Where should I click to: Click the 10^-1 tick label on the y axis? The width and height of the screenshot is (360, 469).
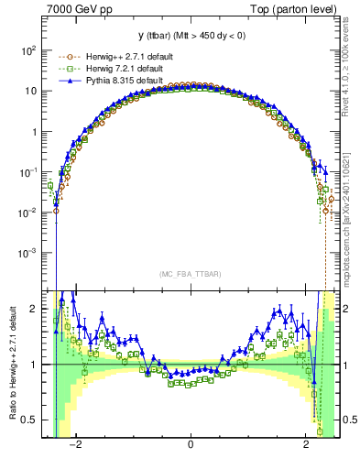tap(27, 171)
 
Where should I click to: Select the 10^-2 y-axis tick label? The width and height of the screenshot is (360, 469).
tap(27, 212)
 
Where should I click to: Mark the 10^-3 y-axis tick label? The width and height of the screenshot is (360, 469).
tap(27, 252)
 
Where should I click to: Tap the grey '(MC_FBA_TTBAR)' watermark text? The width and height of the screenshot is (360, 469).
tap(191, 274)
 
